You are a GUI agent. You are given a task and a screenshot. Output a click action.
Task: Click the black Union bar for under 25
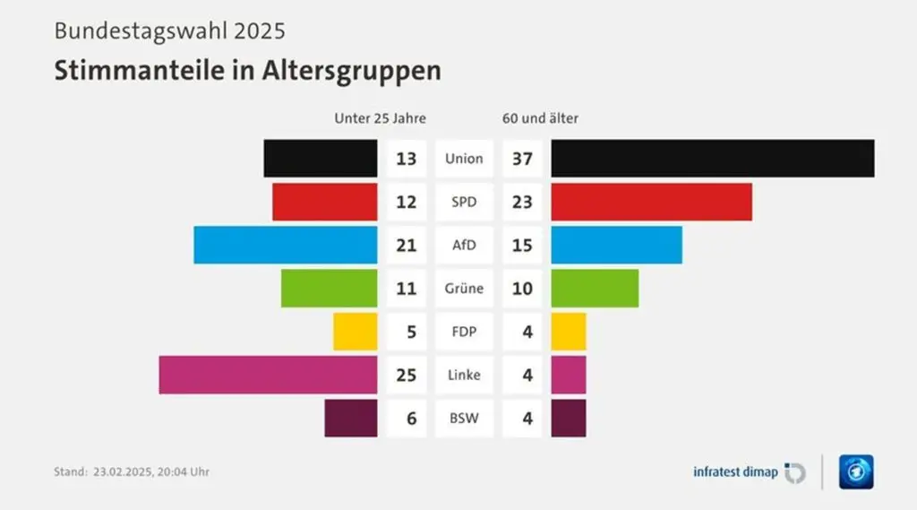coord(320,159)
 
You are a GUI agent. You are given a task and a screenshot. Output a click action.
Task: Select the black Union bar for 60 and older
coord(712,159)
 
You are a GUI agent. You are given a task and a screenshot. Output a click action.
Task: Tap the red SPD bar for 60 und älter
coord(651,202)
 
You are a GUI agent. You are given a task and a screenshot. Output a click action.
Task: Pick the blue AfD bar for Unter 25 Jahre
coord(285,245)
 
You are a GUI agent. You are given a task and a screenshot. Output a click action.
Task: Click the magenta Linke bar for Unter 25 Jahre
coord(268,375)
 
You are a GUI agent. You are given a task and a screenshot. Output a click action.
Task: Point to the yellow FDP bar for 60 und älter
coord(569,332)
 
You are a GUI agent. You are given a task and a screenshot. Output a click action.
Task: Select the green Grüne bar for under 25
coord(329,289)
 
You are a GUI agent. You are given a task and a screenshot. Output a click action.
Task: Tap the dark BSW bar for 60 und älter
coord(569,419)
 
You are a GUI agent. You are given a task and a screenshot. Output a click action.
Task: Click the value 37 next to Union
coord(522,159)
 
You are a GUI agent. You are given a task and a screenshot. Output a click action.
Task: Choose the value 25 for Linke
coord(407,375)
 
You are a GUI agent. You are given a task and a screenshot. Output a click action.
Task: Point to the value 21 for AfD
coord(407,245)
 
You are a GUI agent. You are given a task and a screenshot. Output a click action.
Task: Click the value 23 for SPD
coord(522,202)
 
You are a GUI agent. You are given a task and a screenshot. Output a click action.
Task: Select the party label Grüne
coord(464,289)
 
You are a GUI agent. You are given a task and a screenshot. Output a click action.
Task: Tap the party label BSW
coord(464,419)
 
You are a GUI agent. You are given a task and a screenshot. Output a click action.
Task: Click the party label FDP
coord(464,332)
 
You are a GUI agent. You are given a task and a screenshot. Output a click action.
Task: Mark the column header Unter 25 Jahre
coord(380,118)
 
